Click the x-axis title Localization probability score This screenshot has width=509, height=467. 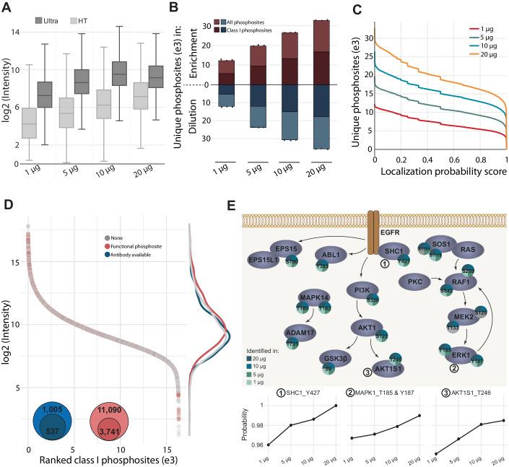click(x=440, y=173)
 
